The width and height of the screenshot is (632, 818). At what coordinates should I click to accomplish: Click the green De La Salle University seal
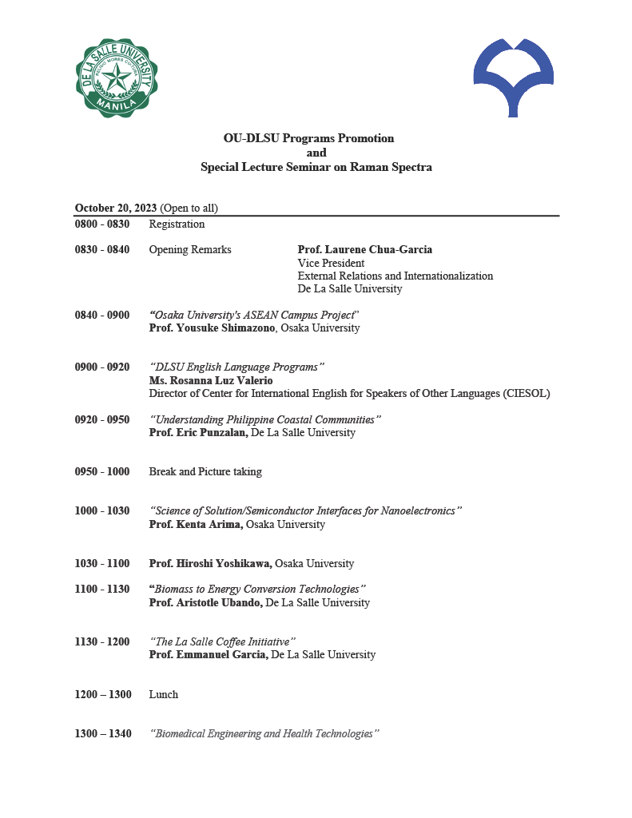116,77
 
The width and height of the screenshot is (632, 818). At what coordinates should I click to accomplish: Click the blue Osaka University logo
513,76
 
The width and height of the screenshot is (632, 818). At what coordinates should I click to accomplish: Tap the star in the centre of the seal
117,77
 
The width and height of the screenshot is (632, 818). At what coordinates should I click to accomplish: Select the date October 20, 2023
116,208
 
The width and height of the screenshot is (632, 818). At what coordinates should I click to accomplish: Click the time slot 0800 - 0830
102,224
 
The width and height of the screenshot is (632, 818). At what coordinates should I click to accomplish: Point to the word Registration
177,224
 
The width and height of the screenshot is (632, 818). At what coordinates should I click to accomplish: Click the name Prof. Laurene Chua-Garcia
364,249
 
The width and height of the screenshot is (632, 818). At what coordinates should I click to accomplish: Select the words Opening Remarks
190,249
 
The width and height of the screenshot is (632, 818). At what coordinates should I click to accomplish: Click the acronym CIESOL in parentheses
526,393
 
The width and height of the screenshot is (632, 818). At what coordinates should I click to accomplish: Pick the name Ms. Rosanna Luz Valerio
211,380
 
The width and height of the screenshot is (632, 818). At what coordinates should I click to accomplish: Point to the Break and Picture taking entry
205,471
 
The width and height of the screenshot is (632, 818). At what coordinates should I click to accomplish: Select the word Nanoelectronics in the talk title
417,510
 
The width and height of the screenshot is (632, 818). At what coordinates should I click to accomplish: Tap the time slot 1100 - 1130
102,589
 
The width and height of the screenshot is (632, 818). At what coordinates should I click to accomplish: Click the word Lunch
164,694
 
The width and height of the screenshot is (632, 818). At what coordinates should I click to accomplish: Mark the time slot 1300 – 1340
103,733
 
